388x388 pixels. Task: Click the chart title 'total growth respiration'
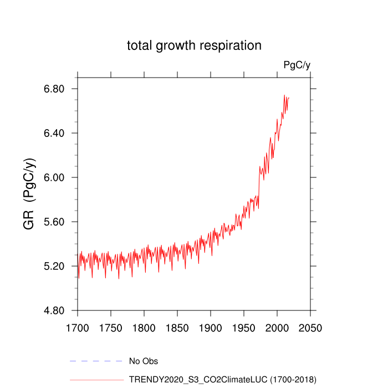[194, 45]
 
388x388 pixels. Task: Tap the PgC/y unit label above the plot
[297, 65]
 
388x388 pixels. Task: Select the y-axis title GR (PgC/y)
[29, 194]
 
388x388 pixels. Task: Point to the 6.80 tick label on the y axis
[54, 89]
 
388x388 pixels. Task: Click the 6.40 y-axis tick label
[54, 134]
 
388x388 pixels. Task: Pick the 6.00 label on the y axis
[54, 178]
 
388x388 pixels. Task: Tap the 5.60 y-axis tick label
[54, 222]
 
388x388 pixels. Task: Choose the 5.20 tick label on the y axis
[54, 267]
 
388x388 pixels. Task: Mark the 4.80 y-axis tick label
[54, 311]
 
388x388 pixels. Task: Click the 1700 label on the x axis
[78, 328]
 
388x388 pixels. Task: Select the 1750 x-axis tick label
[111, 328]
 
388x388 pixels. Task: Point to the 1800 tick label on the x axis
[144, 328]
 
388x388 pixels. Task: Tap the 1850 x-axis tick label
[177, 328]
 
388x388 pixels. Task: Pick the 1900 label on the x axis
[211, 328]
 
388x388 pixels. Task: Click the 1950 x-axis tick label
[244, 328]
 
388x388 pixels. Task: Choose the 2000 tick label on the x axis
[277, 328]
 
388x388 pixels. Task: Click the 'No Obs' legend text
[143, 361]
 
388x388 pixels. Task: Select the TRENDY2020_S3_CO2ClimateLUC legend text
[222, 380]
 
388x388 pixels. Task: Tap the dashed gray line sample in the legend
[96, 361]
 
